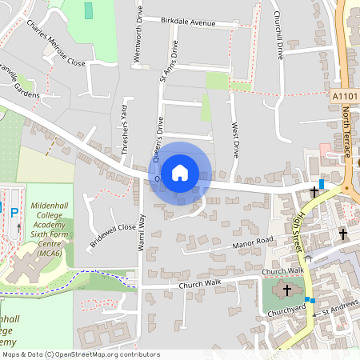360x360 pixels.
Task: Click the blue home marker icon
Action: pos(180,172)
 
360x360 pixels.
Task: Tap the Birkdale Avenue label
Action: pos(188,23)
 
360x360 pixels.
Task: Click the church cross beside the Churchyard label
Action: pos(286,290)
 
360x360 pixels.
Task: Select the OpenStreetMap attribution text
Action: pos(80,354)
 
